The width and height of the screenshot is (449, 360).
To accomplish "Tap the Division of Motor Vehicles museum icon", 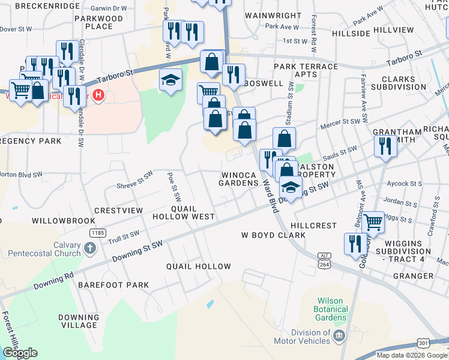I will click(x=339, y=334).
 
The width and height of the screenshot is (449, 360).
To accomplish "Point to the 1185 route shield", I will click(x=97, y=232).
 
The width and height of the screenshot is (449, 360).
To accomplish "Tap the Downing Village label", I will click(x=79, y=321).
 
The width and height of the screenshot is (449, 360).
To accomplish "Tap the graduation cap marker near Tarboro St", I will click(x=171, y=80).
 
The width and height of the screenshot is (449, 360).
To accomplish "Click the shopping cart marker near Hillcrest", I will click(x=373, y=222).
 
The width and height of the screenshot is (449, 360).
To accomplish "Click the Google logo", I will click(x=20, y=353).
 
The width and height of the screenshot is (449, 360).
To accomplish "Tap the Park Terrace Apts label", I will click(x=306, y=70).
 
